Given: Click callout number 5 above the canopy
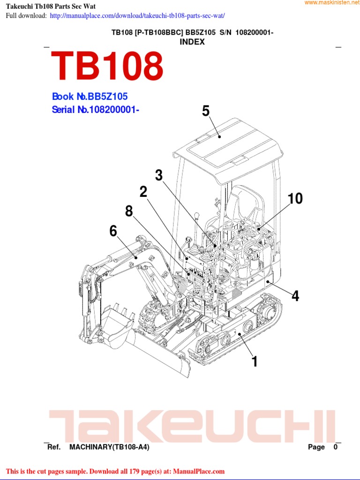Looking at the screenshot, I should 206,111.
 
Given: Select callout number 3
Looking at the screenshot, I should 159,175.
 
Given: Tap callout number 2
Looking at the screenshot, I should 143,192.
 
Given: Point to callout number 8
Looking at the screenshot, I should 129,211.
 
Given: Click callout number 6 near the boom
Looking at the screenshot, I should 113,231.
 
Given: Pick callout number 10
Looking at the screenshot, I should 295,198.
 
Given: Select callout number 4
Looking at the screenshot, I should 295,296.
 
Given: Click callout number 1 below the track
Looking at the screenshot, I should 255,361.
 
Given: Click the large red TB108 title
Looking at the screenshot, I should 107,66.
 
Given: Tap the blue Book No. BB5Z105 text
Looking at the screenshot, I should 90,97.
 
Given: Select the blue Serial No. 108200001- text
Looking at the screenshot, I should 96,110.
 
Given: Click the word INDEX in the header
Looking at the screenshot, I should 192,42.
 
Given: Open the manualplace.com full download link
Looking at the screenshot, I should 137,16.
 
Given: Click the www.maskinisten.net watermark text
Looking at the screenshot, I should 331,3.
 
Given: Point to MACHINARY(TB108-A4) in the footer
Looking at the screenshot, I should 109,447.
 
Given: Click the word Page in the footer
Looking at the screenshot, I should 316,447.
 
